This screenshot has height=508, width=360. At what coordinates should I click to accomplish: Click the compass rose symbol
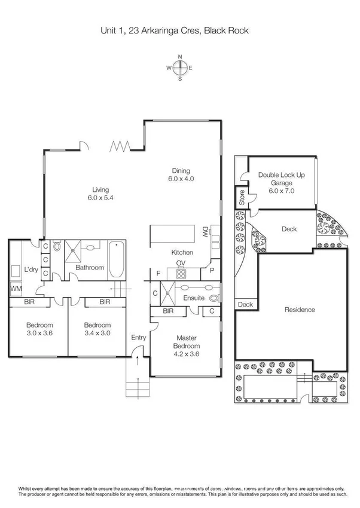[x=179, y=68]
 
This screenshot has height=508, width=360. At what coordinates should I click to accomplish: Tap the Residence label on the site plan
[x=299, y=310]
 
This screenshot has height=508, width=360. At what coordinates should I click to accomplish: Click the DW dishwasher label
[x=205, y=231]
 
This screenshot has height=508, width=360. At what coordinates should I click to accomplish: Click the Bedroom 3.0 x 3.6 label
[x=36, y=329]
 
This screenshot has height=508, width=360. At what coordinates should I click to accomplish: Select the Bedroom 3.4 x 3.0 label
[x=97, y=329]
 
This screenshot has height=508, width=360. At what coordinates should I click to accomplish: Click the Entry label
[x=139, y=338]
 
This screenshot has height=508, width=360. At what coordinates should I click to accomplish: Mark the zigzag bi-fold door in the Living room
[x=121, y=146]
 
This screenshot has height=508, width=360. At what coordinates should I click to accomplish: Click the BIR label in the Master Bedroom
[x=168, y=311]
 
